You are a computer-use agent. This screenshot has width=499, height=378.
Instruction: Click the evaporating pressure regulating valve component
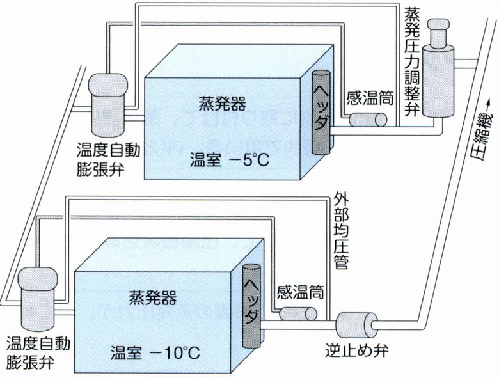point(439,70)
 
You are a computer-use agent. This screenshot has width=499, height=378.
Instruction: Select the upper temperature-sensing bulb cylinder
point(366,120)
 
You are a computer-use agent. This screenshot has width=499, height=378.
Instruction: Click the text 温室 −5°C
point(227,158)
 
